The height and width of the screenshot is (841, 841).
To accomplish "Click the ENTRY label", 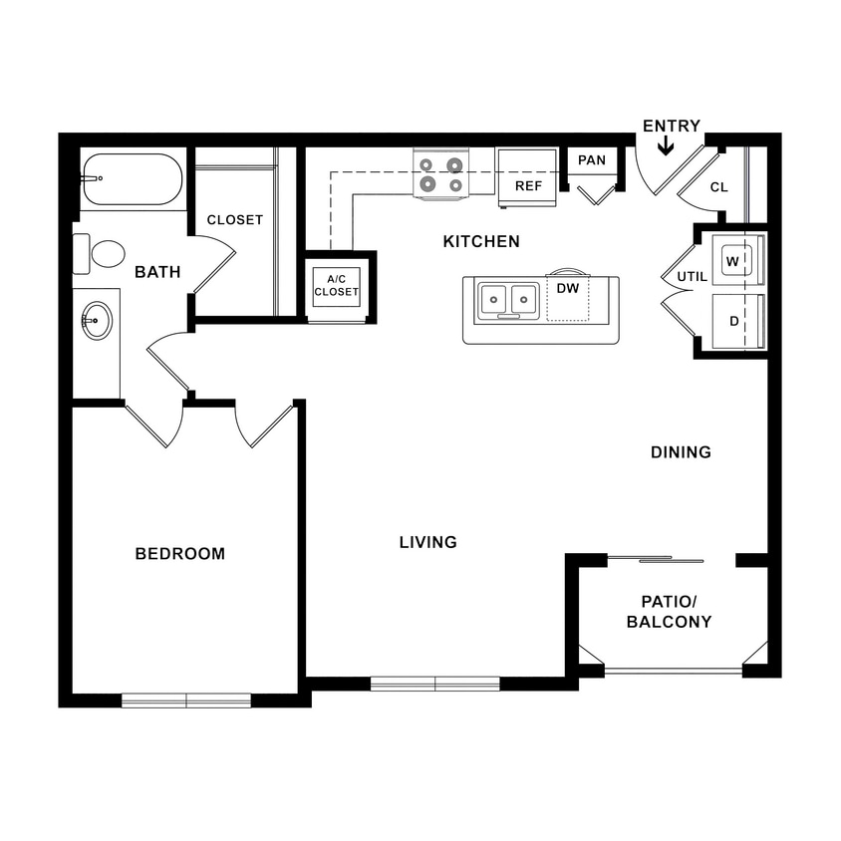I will (671, 126).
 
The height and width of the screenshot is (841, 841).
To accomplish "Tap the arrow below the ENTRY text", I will (666, 146).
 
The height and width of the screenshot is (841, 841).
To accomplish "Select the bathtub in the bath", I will (132, 179).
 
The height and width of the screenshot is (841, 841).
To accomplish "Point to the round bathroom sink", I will (97, 321).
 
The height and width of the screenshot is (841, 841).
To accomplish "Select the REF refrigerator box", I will (527, 178).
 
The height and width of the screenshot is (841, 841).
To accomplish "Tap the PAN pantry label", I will (592, 159).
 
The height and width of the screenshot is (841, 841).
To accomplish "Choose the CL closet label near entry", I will (718, 186).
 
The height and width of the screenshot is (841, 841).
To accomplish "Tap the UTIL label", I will (692, 276).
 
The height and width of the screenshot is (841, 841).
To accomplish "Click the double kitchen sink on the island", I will (508, 300).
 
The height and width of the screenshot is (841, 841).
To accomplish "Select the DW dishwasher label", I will (568, 289).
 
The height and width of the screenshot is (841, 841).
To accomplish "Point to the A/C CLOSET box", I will (336, 285).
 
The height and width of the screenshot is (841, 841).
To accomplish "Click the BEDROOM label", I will (180, 553).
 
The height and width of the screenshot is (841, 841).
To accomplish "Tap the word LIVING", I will (427, 542).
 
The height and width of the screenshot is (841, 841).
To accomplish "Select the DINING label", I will (681, 452).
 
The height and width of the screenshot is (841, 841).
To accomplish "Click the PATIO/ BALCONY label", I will (669, 612).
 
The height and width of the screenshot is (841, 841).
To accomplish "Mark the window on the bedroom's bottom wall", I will (186, 701).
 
